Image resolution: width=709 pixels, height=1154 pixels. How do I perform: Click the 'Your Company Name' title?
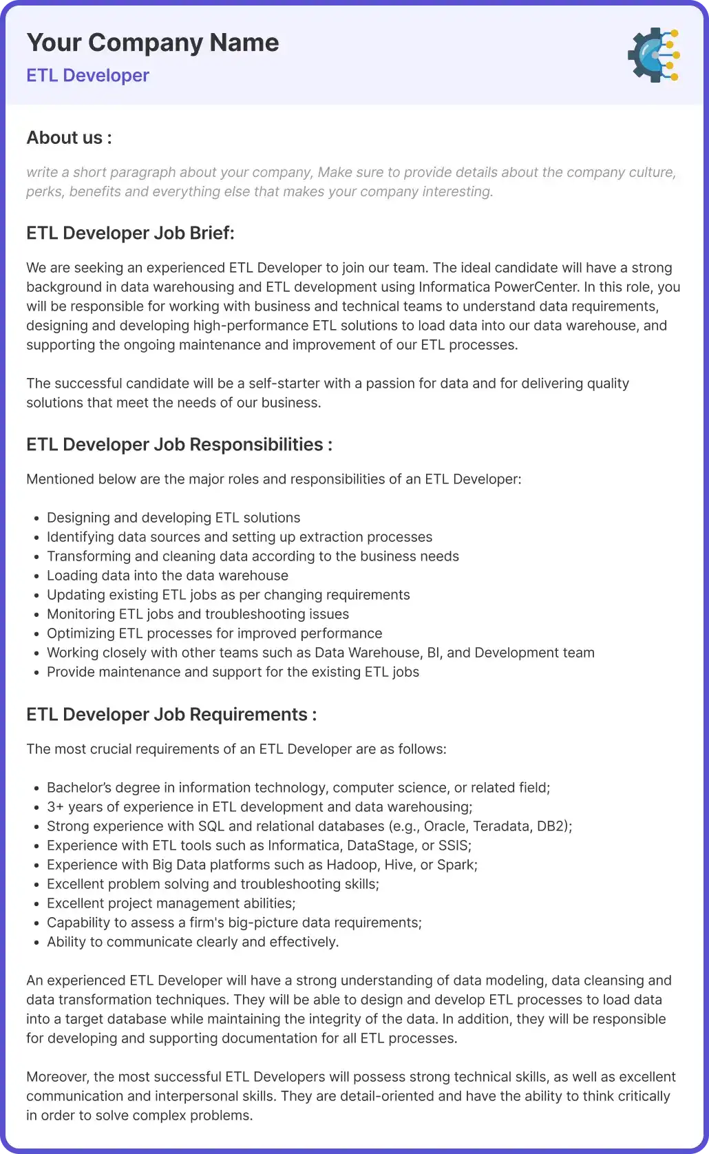(x=153, y=43)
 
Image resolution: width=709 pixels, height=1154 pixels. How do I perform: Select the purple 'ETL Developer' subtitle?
(x=87, y=76)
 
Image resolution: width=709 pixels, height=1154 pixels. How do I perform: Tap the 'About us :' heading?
(x=69, y=138)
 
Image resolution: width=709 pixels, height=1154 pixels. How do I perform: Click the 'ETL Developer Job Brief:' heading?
(x=130, y=233)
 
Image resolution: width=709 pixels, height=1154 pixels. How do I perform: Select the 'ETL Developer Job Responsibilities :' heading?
(x=179, y=445)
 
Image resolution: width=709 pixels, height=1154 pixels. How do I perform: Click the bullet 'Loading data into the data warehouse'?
(x=167, y=576)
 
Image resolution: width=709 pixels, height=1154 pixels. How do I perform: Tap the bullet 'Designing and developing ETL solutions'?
(x=173, y=518)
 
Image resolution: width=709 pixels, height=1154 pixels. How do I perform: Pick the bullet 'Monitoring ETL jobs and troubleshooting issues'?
(x=198, y=614)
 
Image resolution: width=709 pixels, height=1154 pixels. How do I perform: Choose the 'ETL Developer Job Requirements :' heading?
(x=171, y=715)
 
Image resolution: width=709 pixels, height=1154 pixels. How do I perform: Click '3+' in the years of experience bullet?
(x=55, y=807)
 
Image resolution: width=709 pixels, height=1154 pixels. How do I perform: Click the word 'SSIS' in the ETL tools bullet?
(x=453, y=846)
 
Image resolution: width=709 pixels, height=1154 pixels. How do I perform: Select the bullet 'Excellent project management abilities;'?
(x=171, y=903)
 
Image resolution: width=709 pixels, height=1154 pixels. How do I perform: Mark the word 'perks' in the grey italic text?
(x=43, y=192)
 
